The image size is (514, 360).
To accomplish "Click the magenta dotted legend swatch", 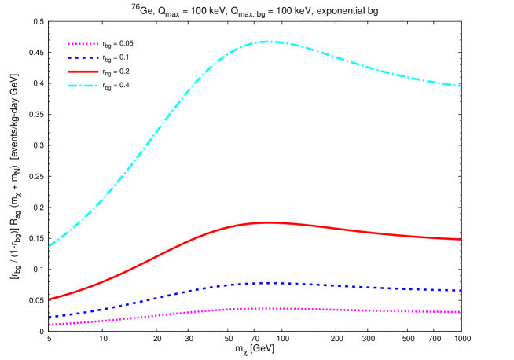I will [x=83, y=44].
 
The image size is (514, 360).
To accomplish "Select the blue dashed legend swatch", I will [x=83, y=57].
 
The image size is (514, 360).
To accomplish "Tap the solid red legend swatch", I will [x=83, y=72].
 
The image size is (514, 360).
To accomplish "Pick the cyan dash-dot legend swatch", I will [x=83, y=85].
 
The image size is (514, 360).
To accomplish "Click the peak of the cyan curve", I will [x=269, y=41].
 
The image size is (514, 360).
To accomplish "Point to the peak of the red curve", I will [x=270, y=222].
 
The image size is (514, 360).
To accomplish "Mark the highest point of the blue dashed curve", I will [x=270, y=282].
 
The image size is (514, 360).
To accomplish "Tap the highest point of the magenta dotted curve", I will [x=270, y=307].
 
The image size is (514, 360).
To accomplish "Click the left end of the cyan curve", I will [x=49, y=246].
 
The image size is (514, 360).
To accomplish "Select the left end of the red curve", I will [x=49, y=299].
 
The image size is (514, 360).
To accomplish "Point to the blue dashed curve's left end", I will [x=49, y=317].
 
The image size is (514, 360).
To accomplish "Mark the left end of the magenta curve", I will [x=49, y=324].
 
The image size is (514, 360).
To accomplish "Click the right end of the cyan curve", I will [x=461, y=86].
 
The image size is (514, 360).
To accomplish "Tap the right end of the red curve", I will [x=461, y=239].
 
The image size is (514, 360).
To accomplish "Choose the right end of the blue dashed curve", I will [x=461, y=290].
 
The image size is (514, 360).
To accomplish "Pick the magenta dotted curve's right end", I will [x=461, y=312].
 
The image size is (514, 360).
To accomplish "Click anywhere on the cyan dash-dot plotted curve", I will [x=157, y=134].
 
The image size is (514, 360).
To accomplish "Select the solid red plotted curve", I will [x=157, y=256].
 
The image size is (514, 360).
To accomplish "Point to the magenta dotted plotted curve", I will [x=157, y=315].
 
